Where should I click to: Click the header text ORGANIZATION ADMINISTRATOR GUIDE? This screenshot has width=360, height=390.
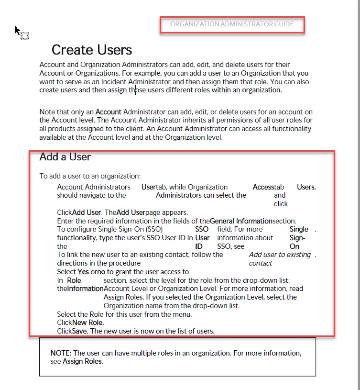coord(232,24)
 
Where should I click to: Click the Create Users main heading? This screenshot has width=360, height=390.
coord(92,50)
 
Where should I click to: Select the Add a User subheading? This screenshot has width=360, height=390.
coord(65,156)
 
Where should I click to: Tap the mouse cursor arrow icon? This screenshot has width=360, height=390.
coord(18,31)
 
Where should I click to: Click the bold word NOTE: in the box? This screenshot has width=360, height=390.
coord(61,353)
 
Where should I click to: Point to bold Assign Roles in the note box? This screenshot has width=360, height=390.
coord(82,361)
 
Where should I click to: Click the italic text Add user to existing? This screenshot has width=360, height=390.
coord(280,255)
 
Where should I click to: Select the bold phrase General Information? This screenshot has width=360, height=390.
coord(241,221)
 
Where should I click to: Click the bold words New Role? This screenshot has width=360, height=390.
coord(88,323)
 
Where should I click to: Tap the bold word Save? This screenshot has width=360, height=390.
coord(80,331)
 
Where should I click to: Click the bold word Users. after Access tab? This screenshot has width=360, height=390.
coord(306,187)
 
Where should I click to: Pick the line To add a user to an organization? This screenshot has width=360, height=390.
coord(90,176)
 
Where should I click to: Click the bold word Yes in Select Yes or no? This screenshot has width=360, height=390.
coord(83,272)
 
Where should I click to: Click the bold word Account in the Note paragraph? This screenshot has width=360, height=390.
coord(109,112)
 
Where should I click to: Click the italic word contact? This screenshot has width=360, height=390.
coord(261,263)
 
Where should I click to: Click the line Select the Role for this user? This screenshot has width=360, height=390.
coord(124,314)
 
